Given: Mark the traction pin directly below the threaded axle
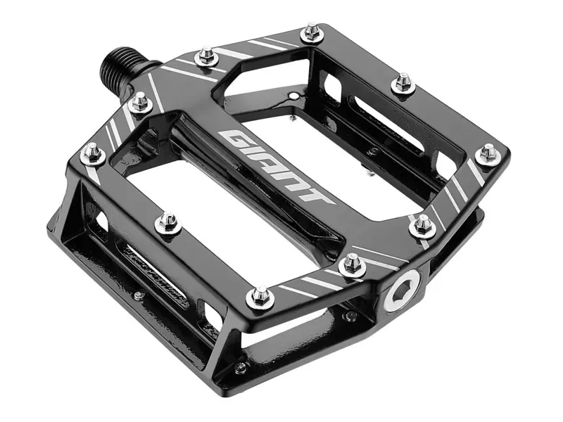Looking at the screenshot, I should click(141, 103).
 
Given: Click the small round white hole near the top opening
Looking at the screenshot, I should click(293, 95).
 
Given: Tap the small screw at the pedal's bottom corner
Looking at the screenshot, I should click(241, 367).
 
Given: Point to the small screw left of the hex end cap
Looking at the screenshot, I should click(350, 316).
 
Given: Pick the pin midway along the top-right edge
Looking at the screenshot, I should click(403, 82).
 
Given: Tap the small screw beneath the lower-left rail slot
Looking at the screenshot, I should click(139, 295).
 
